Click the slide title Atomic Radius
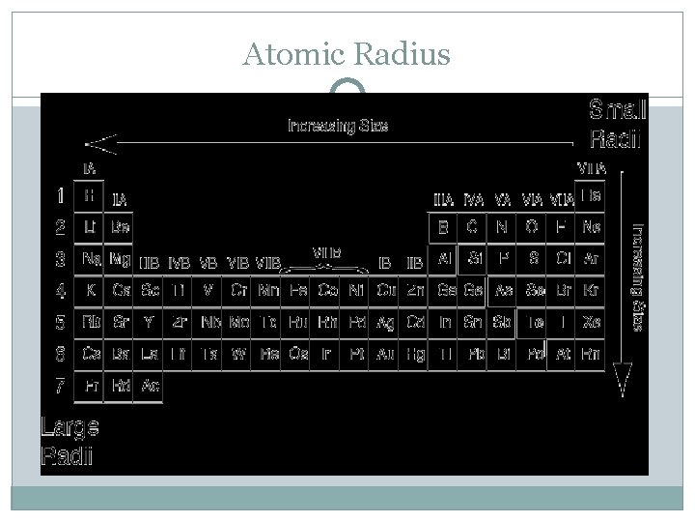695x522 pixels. [x=347, y=56]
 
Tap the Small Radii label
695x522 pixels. [x=617, y=125]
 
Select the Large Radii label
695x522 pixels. [x=68, y=441]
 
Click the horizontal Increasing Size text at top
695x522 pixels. [x=337, y=126]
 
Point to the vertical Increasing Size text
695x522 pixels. [x=638, y=275]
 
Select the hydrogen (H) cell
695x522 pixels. [x=90, y=195]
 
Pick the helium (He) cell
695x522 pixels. [x=592, y=195]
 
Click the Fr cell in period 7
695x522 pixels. [x=90, y=386]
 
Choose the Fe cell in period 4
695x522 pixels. [x=298, y=290]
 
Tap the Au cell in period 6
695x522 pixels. [x=386, y=354]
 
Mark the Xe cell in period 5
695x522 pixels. [x=592, y=322]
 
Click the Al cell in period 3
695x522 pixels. [x=445, y=259]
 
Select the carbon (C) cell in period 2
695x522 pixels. [x=473, y=228]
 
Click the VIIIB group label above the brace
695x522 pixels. [x=327, y=251]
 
